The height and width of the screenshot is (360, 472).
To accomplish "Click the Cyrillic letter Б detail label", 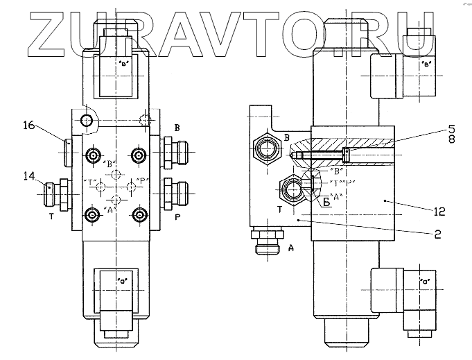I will pyautogui.click(x=325, y=202).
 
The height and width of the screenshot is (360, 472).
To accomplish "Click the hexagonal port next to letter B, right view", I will pyautogui.click(x=265, y=147).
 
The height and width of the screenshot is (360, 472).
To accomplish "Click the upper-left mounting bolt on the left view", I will pyautogui.click(x=91, y=154).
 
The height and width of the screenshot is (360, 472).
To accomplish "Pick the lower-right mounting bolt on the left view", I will pyautogui.click(x=140, y=214).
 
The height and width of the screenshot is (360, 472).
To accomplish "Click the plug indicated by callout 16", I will pyautogui.click(x=68, y=153).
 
